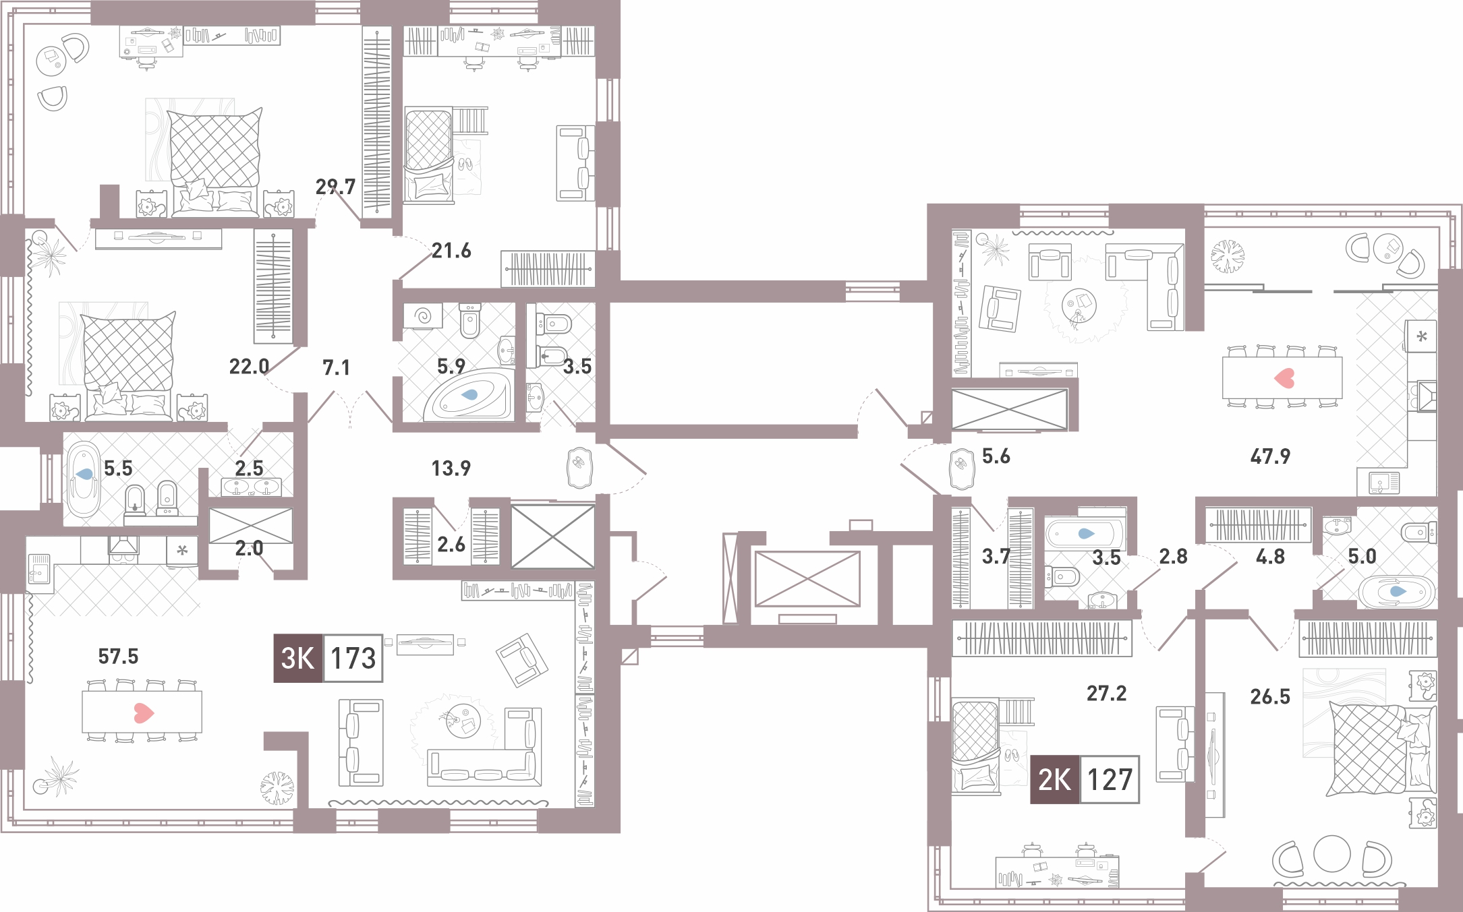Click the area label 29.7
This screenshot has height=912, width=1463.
point(335,186)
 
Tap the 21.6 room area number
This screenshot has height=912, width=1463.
point(451,251)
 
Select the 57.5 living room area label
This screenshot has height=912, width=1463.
point(118,656)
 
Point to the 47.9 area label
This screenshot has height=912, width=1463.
point(1270,456)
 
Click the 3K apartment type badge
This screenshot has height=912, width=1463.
point(298,658)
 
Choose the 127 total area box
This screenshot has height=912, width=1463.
point(1110,779)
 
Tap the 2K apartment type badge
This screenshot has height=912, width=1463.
point(1055,779)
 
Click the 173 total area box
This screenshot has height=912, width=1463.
point(353,658)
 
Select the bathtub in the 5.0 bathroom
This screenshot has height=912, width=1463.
point(1395,592)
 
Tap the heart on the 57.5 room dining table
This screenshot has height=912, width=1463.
point(143,712)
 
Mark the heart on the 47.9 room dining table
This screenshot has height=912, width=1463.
point(1284,377)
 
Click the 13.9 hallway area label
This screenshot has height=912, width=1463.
point(451,468)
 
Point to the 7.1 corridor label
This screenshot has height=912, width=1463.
point(336,367)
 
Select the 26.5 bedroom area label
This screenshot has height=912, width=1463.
point(1270,696)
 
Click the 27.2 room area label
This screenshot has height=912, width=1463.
point(1106,693)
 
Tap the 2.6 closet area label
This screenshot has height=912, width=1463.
point(451,544)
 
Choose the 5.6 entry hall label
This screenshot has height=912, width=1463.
point(996,456)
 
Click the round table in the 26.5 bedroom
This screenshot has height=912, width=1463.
point(1331,854)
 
